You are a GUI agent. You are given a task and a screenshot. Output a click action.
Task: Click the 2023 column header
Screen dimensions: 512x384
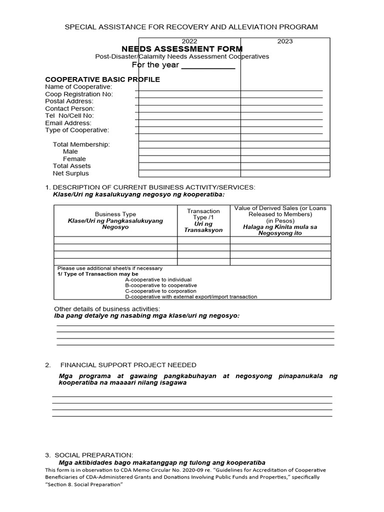[x=284, y=41]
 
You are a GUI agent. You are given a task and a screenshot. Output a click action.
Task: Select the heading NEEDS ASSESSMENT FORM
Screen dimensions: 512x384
[x=182, y=48]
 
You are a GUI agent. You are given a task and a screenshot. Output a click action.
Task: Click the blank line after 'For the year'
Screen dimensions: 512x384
[x=207, y=66]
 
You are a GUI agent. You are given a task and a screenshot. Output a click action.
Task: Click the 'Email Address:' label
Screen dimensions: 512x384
[x=68, y=123]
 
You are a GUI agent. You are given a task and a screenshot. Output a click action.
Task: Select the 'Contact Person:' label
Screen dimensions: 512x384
[x=69, y=108]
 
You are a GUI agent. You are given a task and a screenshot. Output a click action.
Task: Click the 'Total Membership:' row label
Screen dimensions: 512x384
[x=81, y=144]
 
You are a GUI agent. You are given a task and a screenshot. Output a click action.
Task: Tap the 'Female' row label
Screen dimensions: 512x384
[x=74, y=159]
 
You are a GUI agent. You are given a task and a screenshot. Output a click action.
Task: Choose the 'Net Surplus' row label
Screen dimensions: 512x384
[x=70, y=173]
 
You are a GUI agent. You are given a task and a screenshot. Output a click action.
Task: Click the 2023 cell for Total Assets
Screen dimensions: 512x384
[x=285, y=166]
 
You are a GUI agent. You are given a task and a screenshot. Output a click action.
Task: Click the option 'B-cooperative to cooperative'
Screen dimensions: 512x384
[x=160, y=285]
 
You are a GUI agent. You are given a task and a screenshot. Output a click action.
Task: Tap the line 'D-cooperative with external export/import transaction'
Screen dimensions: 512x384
[x=191, y=296]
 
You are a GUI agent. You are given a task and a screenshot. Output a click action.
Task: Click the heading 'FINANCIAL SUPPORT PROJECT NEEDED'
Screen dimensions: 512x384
[x=128, y=365]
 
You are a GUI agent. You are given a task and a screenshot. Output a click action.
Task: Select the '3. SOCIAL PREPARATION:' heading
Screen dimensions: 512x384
[x=89, y=455]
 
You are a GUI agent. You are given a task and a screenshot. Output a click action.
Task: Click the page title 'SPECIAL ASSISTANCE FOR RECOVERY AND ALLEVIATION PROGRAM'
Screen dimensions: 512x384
[x=191, y=26]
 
